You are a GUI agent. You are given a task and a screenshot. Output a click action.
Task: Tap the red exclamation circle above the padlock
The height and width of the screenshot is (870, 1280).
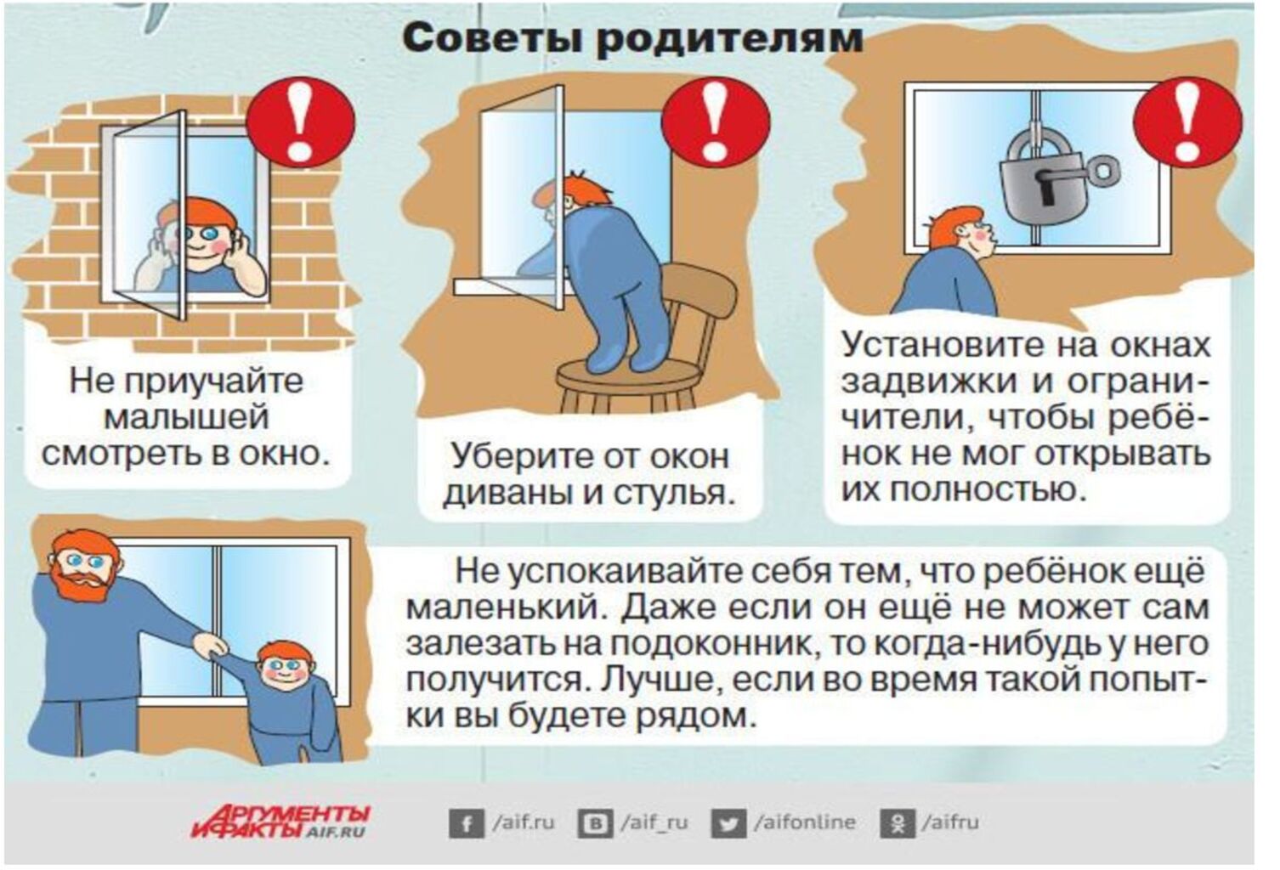point(1187,121)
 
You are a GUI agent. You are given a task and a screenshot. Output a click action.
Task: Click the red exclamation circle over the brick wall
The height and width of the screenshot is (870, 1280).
point(301,123)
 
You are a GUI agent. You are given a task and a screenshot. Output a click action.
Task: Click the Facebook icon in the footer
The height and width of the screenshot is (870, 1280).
point(467,824)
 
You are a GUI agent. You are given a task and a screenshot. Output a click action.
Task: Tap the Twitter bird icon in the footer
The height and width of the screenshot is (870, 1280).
point(728,824)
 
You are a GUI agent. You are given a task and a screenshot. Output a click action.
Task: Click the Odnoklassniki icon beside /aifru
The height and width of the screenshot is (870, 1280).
point(898,824)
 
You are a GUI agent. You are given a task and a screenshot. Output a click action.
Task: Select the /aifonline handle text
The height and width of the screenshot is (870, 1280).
point(805,822)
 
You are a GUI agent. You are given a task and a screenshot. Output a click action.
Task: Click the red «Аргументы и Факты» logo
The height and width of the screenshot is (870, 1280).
point(280,822)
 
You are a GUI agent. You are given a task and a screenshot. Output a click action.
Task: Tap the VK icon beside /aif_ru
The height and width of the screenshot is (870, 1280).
point(596,824)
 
